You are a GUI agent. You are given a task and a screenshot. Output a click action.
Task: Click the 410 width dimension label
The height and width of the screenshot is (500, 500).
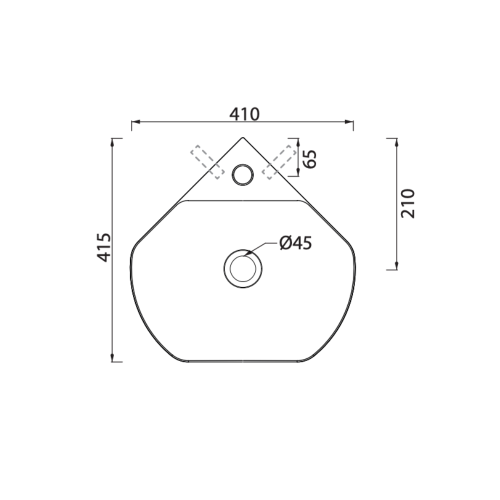(244, 114)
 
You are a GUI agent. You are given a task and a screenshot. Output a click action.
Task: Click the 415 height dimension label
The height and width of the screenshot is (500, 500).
(104, 247)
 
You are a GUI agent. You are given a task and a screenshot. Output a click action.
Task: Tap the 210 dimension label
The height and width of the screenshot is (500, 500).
(408, 203)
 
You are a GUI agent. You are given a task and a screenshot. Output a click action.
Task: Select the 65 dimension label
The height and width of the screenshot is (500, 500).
(310, 158)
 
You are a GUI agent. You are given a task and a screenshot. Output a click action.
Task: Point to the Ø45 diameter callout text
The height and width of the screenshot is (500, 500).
(295, 243)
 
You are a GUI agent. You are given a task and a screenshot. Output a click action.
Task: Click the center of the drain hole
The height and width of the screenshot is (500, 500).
(243, 269)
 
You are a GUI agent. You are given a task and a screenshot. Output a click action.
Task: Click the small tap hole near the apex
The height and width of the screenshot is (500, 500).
(243, 174)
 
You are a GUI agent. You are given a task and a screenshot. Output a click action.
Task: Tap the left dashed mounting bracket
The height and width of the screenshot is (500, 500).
(207, 162)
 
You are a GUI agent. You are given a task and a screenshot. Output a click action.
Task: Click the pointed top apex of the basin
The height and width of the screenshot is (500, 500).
(243, 137)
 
